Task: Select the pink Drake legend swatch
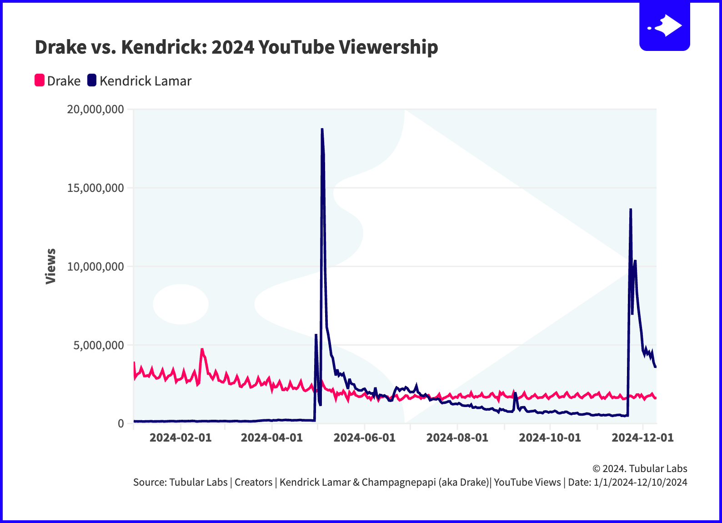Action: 40,80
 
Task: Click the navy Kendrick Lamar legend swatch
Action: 92,80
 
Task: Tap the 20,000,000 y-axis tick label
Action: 95,109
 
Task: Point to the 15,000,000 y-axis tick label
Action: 95,188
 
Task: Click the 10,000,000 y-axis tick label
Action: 95,267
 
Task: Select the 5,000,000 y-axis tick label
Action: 99,345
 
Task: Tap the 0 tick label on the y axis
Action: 120,423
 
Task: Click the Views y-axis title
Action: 50,266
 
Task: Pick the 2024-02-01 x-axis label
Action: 180,438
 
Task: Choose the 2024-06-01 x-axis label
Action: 364,438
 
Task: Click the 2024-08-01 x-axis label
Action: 457,438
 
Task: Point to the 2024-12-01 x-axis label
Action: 642,438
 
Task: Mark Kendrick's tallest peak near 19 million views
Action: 322,130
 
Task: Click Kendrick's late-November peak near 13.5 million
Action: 631,210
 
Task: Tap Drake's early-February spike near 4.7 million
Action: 202,350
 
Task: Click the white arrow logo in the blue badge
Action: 667,26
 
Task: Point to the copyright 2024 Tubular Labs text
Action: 640,468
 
